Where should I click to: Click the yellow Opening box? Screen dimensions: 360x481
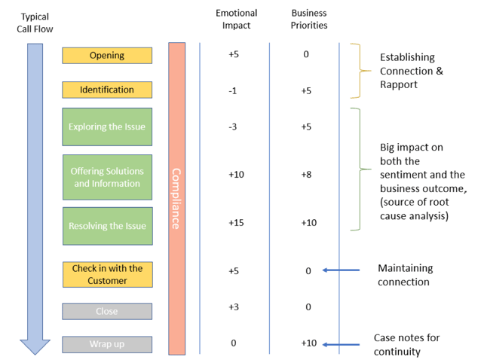[x=107, y=55]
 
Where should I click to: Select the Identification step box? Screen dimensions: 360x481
[x=107, y=90]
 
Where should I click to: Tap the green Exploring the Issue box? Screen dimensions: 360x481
[x=107, y=127]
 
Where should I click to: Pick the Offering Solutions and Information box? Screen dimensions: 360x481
[x=107, y=177]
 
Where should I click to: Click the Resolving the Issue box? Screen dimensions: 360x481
[x=107, y=226]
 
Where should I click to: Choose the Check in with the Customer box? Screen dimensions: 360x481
[x=107, y=274]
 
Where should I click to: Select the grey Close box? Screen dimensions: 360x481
[x=107, y=311]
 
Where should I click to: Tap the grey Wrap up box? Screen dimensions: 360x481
[x=107, y=344]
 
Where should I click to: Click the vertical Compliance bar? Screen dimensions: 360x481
[x=176, y=198]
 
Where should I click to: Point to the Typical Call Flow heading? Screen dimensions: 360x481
[x=34, y=23]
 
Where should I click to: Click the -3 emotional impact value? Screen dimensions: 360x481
[x=233, y=127]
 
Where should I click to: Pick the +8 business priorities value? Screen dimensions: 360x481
[x=308, y=175]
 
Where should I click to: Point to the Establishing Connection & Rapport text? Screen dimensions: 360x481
[x=411, y=71]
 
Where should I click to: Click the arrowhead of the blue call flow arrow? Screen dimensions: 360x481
[x=35, y=346]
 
